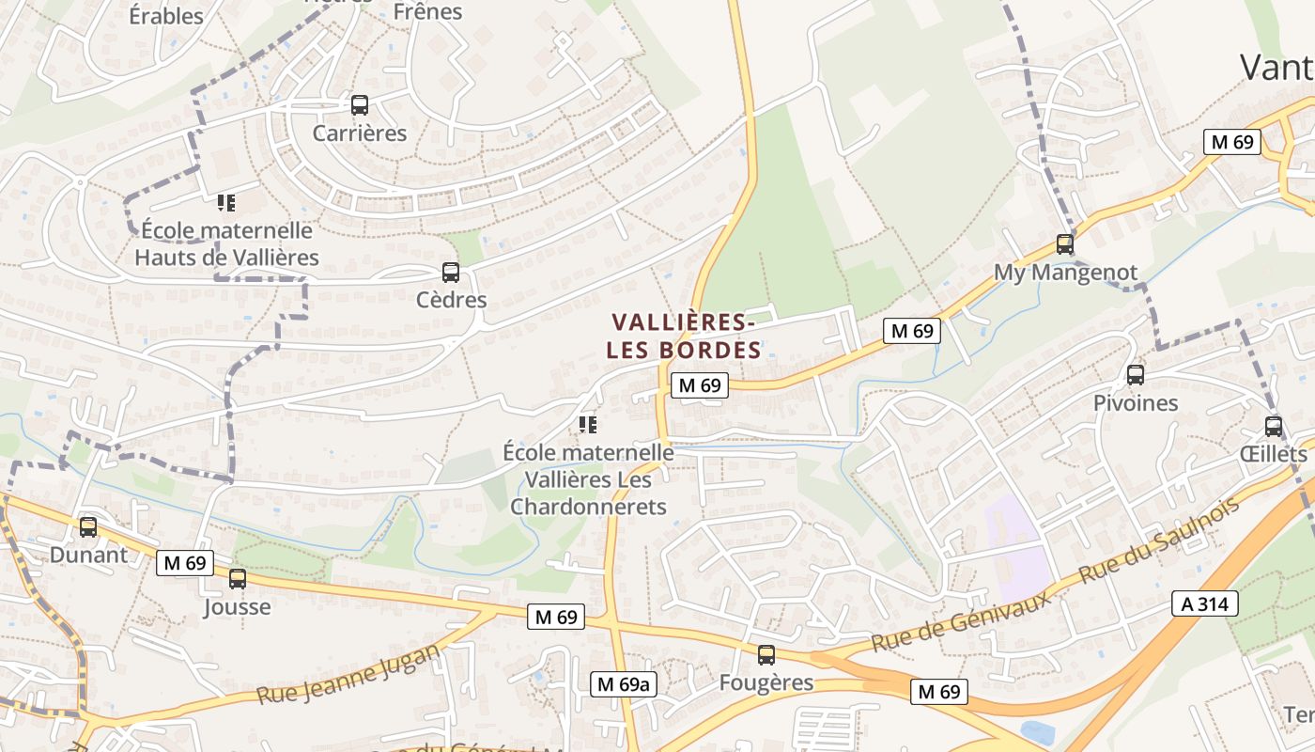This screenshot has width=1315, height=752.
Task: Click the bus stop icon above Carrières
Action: point(360,105)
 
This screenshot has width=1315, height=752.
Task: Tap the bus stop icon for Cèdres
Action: point(451,273)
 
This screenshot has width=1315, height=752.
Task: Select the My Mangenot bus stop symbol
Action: point(1064,244)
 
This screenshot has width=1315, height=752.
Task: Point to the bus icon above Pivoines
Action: point(1136,375)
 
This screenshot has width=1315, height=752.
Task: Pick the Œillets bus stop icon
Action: point(1274,426)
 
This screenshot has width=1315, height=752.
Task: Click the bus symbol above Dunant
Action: point(88,527)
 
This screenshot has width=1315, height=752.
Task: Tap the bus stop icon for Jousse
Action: point(238,579)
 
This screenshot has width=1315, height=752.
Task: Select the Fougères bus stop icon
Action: point(766,655)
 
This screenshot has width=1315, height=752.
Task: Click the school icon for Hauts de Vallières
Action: point(225,202)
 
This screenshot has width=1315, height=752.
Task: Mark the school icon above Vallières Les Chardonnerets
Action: point(588,425)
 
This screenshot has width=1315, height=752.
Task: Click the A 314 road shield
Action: point(1205,603)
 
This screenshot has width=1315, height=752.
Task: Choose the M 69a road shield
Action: point(623,684)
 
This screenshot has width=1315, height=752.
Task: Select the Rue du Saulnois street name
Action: point(1159,539)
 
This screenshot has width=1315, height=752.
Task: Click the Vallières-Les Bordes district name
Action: point(684,337)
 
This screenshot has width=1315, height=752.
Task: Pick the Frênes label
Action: point(428,12)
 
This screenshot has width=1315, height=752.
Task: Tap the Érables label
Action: point(166,16)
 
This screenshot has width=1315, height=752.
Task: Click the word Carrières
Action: point(360,133)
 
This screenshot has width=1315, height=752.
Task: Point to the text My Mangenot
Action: point(1065,273)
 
